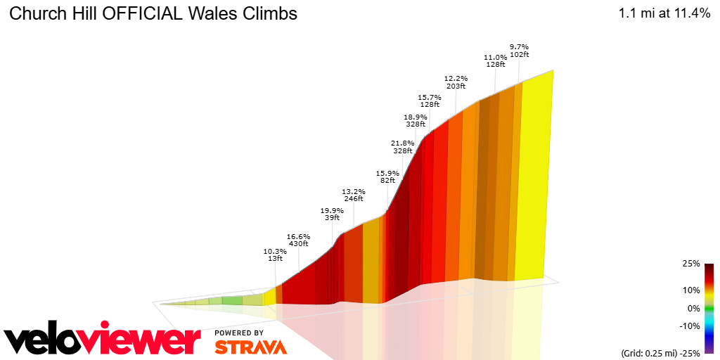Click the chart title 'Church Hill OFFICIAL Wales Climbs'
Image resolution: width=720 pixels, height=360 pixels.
point(153,14)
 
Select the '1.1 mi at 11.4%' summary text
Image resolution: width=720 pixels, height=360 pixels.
point(664,14)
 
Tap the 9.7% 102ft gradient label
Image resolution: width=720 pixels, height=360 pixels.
point(519,51)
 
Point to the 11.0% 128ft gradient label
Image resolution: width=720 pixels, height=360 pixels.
point(495,60)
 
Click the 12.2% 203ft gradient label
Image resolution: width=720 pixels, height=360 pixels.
point(455,82)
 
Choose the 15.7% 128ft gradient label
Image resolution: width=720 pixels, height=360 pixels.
point(429,101)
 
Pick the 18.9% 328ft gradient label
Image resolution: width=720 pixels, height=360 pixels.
point(416,120)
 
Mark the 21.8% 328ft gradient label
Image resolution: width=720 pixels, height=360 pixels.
point(402,147)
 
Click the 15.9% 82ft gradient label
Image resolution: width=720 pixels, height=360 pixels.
point(387,176)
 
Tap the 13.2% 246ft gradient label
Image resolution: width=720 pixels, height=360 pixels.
point(353,195)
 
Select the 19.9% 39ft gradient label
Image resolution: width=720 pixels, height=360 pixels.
point(332,214)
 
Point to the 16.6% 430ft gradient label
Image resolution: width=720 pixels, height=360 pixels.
point(299,240)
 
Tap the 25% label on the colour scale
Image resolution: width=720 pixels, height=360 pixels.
point(690,264)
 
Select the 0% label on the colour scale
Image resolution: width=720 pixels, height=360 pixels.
point(693,308)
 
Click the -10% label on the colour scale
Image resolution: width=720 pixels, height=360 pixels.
point(690,326)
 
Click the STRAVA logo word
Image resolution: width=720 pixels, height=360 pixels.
point(250,347)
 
